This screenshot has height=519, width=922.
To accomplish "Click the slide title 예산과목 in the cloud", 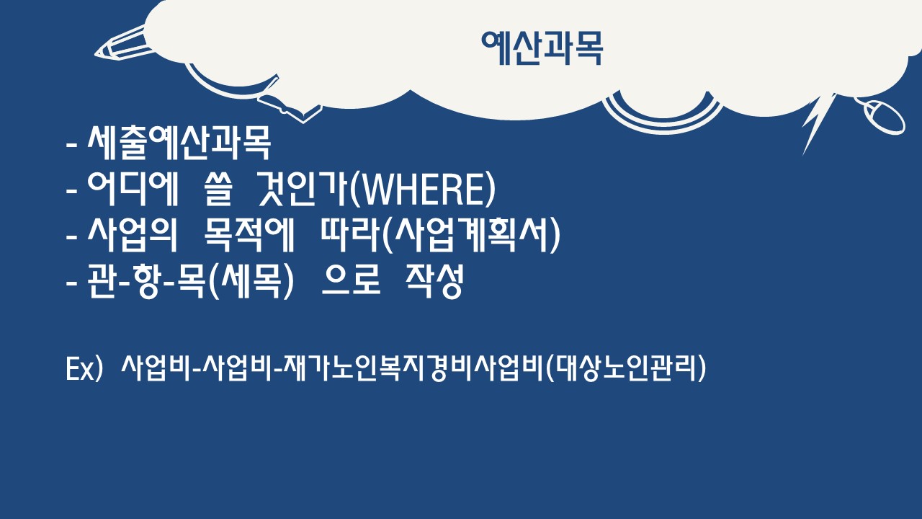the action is click(x=542, y=48).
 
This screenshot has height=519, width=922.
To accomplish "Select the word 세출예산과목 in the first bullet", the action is click(x=179, y=143).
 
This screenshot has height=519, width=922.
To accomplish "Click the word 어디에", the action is click(x=133, y=189).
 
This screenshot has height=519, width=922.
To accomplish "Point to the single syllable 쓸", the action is click(x=218, y=189).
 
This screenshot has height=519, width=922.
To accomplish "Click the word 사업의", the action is click(x=132, y=235).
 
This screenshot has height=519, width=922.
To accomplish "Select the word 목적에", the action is click(x=249, y=235).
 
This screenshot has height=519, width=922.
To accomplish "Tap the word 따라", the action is click(x=350, y=235).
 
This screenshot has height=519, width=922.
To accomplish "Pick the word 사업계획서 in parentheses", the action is click(x=472, y=235).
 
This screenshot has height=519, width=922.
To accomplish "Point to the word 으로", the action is click(x=351, y=281).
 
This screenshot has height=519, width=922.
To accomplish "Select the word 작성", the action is click(x=434, y=281).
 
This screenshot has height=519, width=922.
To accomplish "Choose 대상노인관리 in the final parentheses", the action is click(x=625, y=368).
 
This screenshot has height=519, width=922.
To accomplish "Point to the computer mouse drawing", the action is click(x=883, y=117).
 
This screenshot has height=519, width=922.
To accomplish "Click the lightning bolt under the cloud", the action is click(x=817, y=123).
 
